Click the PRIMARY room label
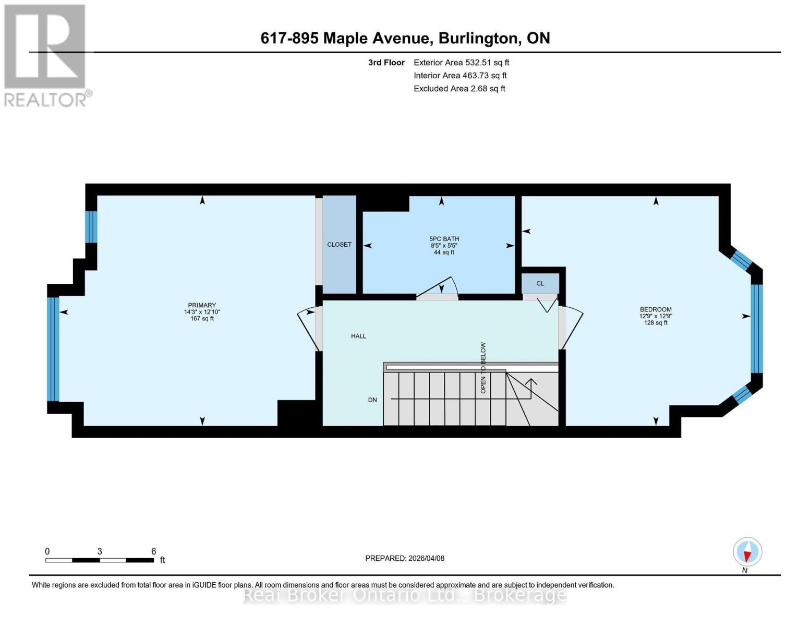(x=202, y=305)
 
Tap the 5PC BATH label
(x=444, y=238)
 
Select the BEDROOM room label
(x=655, y=309)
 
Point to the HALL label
(x=358, y=336)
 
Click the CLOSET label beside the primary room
(x=339, y=245)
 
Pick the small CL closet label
(x=540, y=283)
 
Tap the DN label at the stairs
(x=372, y=400)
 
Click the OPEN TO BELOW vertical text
(x=483, y=368)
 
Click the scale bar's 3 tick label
(x=100, y=551)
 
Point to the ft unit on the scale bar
(x=162, y=560)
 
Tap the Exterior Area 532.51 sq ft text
(x=461, y=63)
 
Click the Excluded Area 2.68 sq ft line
(x=459, y=89)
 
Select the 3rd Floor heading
(x=386, y=63)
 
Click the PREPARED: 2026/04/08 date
(x=404, y=558)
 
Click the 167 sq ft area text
(x=202, y=318)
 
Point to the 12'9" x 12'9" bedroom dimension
(x=655, y=316)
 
